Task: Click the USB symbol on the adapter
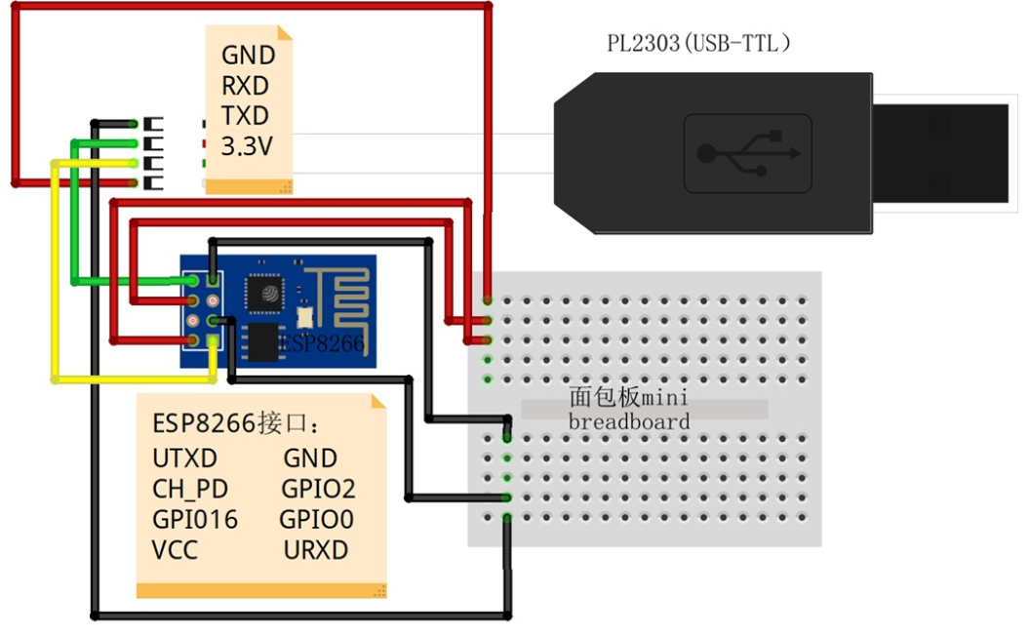[748, 153]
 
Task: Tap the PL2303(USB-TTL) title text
[698, 44]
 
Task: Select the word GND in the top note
[248, 55]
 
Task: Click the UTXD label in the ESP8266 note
[184, 457]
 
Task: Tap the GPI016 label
[195, 519]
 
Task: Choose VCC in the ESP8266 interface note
[175, 550]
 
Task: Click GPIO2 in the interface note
[318, 489]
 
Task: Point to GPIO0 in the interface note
[317, 519]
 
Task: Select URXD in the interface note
[316, 550]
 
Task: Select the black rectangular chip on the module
[260, 342]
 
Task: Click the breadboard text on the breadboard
[629, 421]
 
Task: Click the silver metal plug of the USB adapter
[939, 153]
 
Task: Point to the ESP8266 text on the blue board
[321, 343]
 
